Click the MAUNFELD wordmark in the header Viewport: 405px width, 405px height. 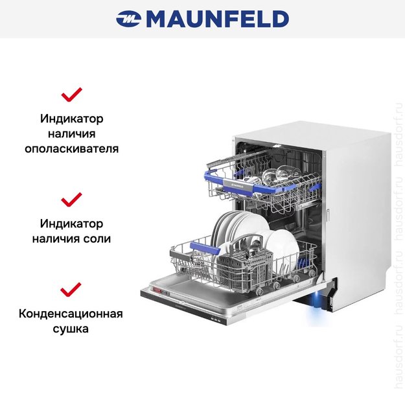tap(217, 19)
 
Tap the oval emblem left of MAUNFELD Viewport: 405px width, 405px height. tap(129, 19)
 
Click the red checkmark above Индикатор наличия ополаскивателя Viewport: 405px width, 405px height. tap(71, 95)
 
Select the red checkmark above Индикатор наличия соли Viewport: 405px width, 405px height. tap(71, 198)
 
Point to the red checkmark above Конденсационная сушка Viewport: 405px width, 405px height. tap(71, 288)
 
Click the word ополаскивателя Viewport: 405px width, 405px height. tap(71, 148)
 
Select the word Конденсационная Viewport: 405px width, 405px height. tap(71, 314)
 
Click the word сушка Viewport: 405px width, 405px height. tap(71, 329)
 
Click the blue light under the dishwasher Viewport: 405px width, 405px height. tap(316, 299)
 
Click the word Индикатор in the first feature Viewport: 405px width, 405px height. tap(71, 119)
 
